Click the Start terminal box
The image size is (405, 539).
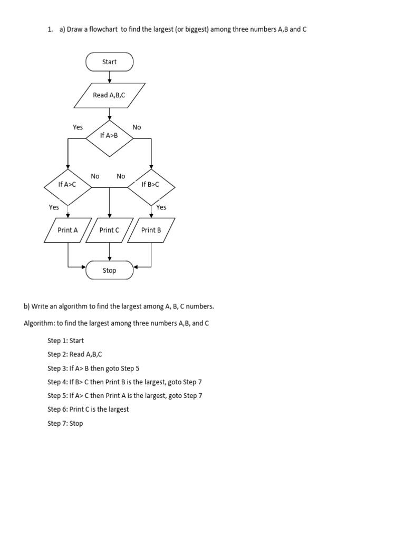[x=109, y=62]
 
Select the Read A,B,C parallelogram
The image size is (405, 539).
[x=109, y=95]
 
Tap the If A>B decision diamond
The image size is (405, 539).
[x=109, y=136]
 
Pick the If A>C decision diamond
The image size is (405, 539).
[x=67, y=185]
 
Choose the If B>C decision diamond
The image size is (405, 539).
[x=151, y=185]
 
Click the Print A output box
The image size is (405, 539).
[x=67, y=230]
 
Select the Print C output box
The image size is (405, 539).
[x=109, y=230]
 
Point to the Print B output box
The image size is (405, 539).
[x=151, y=230]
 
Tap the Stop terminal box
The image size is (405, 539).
[x=109, y=271]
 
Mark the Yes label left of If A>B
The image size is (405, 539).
[x=78, y=127]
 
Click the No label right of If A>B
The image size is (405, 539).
[x=137, y=127]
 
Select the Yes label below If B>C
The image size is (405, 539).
[x=161, y=207]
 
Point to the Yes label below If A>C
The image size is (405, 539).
[x=54, y=207]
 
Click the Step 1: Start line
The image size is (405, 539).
[x=65, y=341]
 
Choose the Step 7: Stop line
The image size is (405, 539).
[x=65, y=423]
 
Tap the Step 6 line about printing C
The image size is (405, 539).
[x=88, y=410]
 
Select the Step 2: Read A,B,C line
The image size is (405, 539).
[x=74, y=354]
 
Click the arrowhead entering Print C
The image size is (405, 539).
[x=109, y=216]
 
